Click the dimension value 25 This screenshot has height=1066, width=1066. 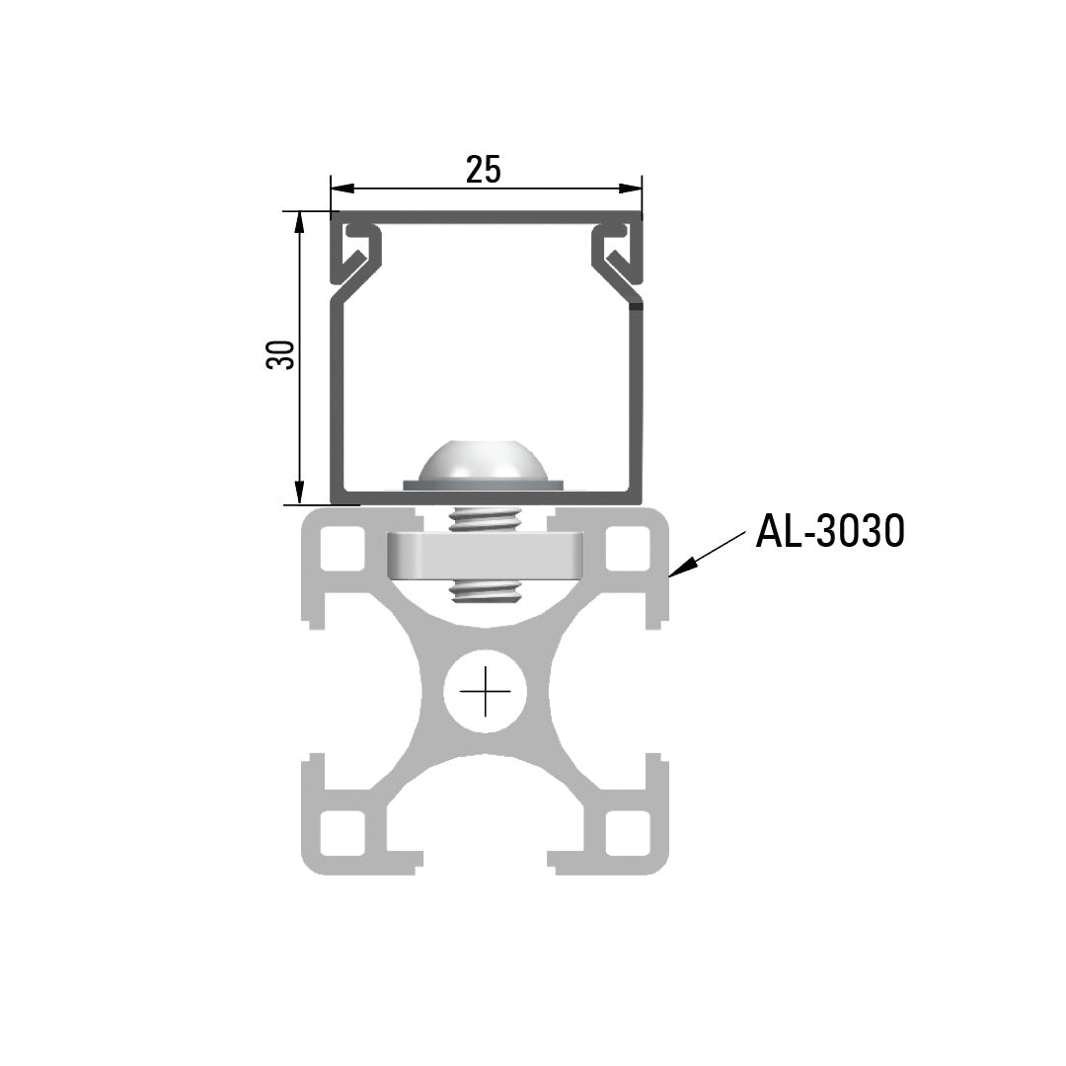pos(484,170)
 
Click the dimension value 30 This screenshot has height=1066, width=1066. pos(281,355)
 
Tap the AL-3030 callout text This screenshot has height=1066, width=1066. pos(829,532)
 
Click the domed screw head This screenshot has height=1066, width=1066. pos(484,462)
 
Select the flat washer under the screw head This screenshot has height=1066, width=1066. pos(484,485)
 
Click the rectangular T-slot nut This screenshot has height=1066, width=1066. pos(485,555)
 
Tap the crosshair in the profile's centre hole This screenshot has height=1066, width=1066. pos(485,690)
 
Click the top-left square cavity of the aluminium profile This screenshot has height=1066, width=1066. pos(343,549)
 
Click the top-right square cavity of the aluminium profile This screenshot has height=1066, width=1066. pos(627,549)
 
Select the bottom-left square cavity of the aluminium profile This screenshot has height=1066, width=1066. pos(343,832)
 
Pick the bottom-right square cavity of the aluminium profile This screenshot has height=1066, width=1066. pos(627,832)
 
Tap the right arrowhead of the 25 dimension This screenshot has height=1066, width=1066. pos(632,188)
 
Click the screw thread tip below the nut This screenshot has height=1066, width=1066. pos(485,592)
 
